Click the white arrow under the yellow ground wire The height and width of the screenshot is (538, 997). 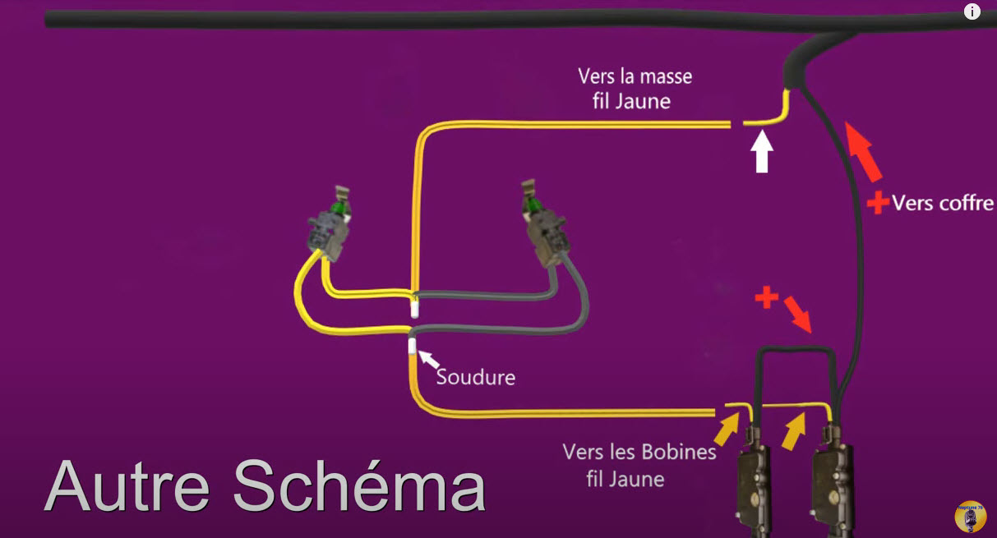click(762, 153)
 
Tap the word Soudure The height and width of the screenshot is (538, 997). click(476, 377)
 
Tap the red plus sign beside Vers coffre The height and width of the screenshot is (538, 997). click(878, 202)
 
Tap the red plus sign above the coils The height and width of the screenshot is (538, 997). click(767, 298)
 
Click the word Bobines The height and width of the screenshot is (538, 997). click(681, 453)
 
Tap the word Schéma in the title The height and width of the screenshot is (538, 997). click(359, 485)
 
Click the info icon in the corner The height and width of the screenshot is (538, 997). click(972, 11)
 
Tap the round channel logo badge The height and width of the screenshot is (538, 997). click(971, 516)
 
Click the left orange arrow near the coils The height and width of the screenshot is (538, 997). click(726, 429)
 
